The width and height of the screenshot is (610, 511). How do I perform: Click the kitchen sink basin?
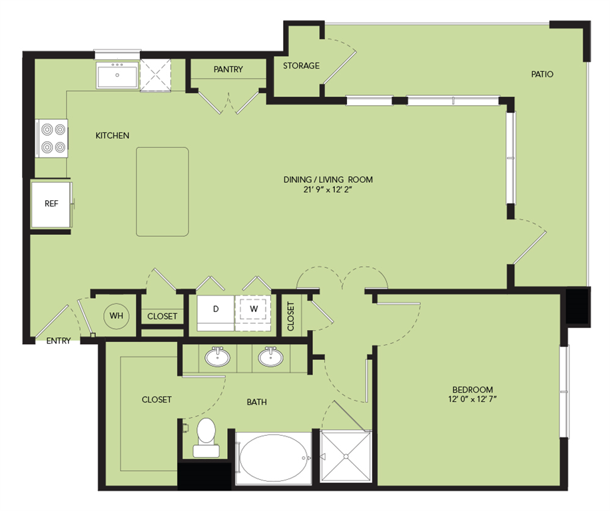[118, 76]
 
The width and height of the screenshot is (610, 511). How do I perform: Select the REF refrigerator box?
[51, 204]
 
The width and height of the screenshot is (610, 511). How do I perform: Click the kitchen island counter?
[162, 192]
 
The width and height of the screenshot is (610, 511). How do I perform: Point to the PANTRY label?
[228, 69]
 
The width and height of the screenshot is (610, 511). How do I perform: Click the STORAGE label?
[301, 66]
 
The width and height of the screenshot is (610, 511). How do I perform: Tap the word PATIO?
[542, 74]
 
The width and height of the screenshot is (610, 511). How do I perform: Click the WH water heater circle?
[117, 315]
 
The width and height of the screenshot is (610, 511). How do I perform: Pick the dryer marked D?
[215, 309]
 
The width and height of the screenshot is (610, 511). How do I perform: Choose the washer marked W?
[254, 309]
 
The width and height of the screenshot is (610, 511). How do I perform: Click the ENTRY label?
[59, 341]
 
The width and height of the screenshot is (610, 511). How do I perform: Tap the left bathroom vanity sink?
[217, 357]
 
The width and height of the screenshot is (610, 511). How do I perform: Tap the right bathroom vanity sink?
[270, 357]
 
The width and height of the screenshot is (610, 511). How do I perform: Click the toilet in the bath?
[205, 436]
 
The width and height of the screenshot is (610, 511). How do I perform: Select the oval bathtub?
[274, 458]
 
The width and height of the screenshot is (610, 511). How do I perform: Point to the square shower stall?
[345, 456]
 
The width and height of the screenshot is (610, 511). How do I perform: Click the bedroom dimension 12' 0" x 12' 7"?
[472, 399]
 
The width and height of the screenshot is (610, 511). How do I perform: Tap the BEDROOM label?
[472, 389]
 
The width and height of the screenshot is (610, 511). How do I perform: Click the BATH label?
[256, 402]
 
